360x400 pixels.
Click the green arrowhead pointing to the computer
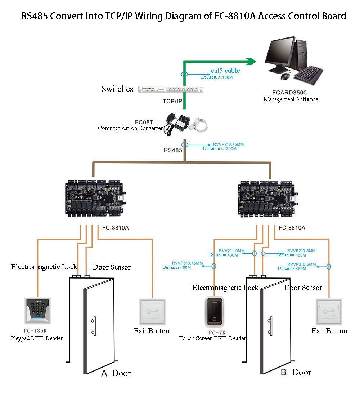[x=251, y=62]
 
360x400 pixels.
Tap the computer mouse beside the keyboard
[x=285, y=76]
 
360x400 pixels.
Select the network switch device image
[x=171, y=89]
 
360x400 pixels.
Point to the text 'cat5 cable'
[x=225, y=71]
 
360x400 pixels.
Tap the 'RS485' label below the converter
[x=173, y=150]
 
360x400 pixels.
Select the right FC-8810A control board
[x=269, y=198]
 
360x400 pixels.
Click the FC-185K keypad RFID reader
[x=37, y=310]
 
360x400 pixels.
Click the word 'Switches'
[x=117, y=89]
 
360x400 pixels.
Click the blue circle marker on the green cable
[x=184, y=74]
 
